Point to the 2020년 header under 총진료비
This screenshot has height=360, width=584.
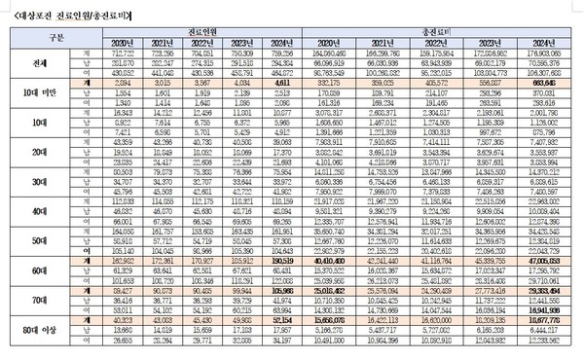point(333,42)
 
